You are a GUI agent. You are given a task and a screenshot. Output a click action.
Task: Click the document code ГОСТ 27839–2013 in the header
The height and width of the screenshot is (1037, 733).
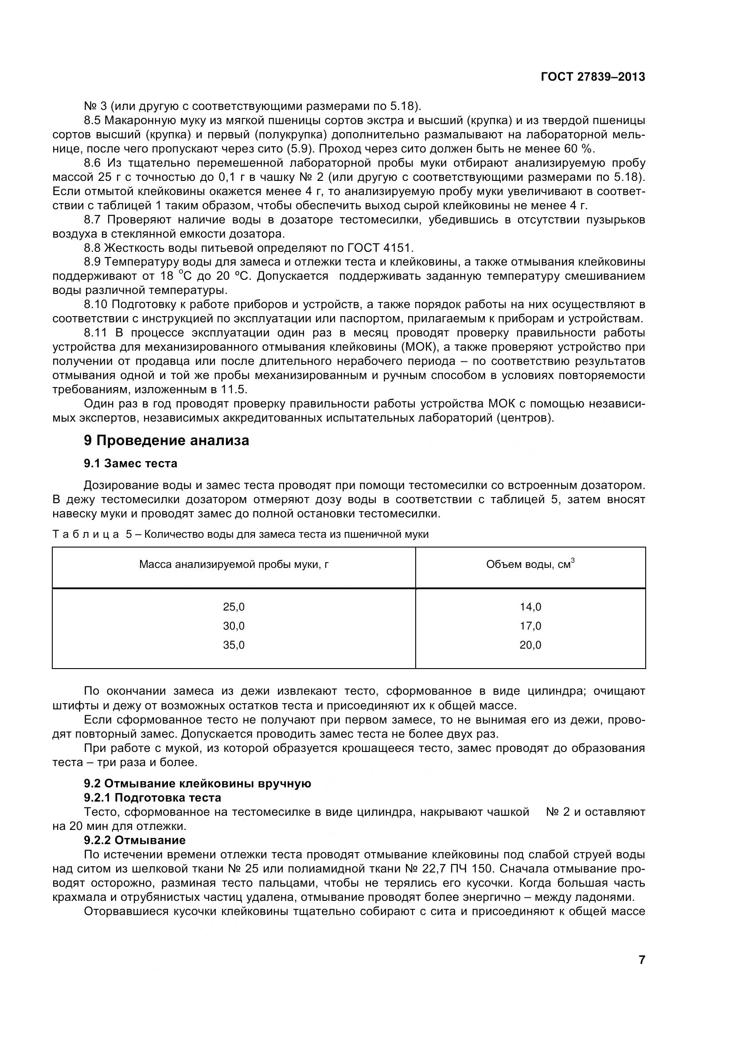point(593,77)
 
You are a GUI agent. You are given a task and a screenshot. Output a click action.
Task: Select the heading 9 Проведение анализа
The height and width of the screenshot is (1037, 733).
point(166,440)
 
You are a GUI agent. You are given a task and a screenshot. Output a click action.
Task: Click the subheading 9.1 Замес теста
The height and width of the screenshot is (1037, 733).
point(130,463)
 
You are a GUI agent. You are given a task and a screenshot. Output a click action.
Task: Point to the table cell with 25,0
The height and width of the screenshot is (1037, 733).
point(234,607)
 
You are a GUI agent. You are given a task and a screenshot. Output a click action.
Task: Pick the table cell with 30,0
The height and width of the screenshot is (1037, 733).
point(234,626)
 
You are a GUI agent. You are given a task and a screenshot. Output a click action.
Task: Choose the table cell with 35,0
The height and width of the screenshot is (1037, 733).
point(234,645)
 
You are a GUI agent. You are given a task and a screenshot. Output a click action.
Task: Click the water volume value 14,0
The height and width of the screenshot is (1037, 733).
point(530,607)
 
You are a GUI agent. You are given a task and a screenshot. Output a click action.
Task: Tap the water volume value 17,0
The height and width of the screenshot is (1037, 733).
point(530,626)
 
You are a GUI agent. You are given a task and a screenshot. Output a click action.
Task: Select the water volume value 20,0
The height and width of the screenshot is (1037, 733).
point(530,645)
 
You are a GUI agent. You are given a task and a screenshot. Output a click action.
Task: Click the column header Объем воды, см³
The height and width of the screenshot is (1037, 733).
point(530,564)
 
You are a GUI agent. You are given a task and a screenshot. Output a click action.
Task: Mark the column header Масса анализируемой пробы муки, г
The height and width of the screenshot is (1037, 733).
point(234,564)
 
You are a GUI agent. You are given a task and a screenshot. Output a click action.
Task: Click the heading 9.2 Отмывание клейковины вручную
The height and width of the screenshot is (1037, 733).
point(197,783)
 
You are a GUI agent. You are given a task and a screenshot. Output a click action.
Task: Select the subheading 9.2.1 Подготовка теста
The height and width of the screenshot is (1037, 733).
point(152,798)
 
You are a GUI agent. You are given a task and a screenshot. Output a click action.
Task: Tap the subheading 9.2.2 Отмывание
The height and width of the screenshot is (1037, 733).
point(135,840)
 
